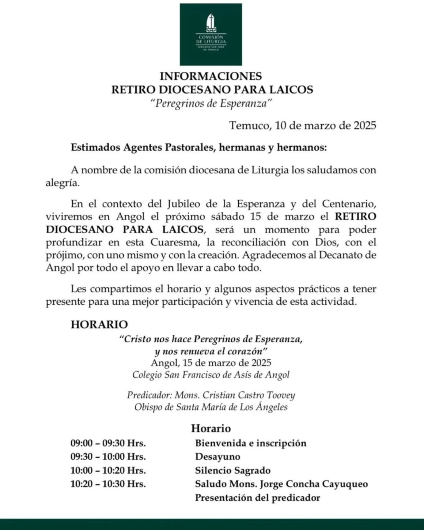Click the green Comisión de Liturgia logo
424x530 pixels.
[211, 34]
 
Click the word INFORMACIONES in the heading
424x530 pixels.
[211, 76]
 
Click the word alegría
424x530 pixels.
[62, 183]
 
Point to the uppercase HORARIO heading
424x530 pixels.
[99, 324]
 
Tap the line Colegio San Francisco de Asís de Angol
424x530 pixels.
[211, 375]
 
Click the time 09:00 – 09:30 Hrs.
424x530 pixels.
[108, 443]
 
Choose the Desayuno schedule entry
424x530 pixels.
[217, 457]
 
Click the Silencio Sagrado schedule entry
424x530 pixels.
[233, 470]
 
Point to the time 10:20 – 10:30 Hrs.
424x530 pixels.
[108, 484]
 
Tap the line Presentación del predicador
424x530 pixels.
[257, 498]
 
